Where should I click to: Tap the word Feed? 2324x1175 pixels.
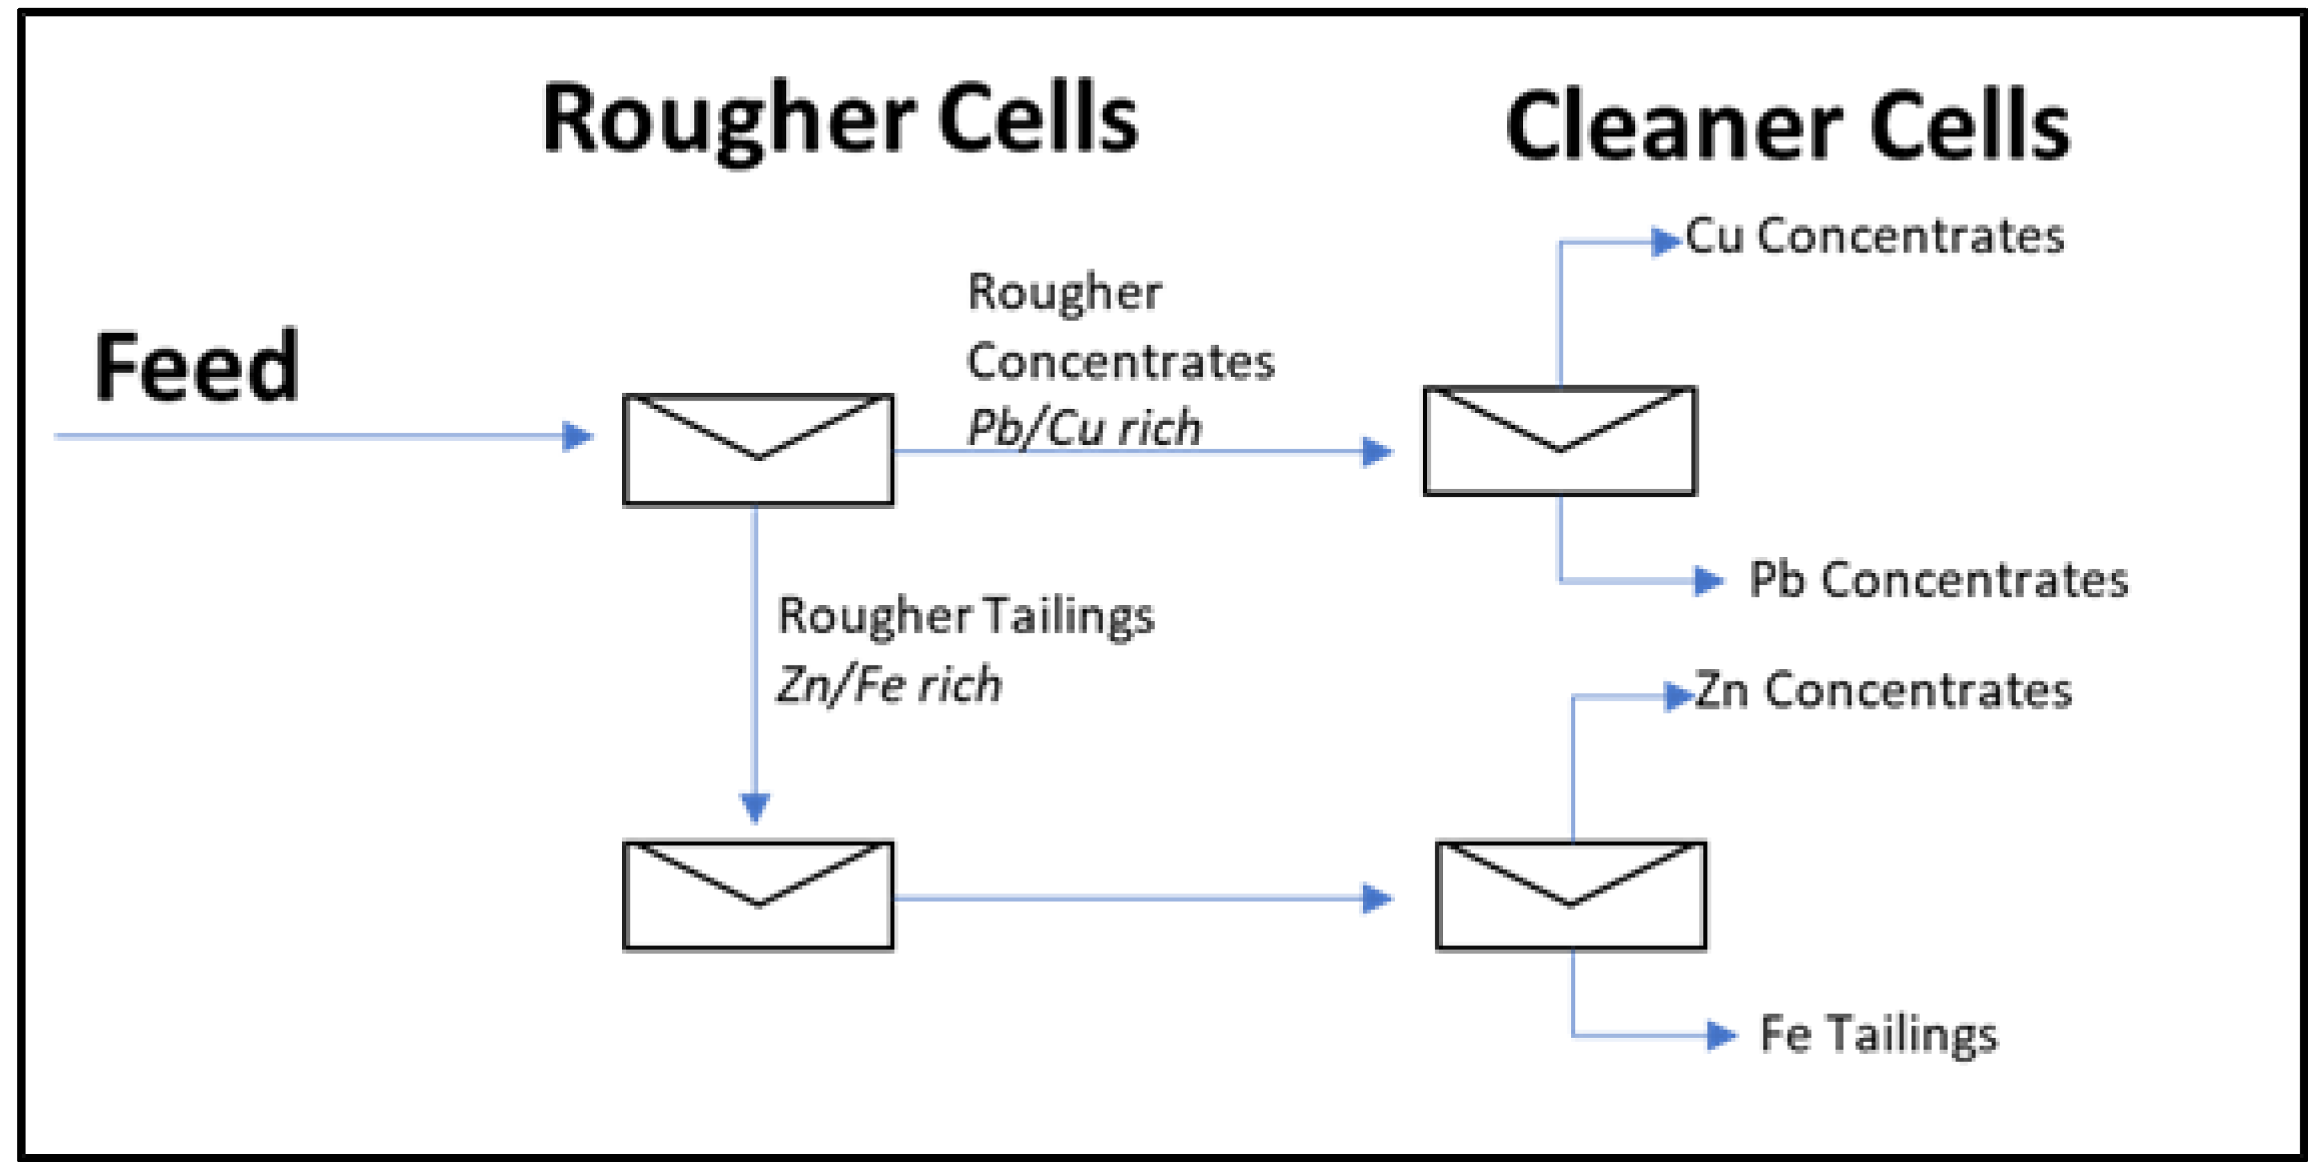[196, 367]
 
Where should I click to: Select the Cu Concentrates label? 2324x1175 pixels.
[1874, 237]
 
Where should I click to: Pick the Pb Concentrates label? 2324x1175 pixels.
[1938, 580]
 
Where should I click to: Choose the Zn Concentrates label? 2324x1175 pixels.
[1882, 691]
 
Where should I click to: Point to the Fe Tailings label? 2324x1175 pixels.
[1878, 1034]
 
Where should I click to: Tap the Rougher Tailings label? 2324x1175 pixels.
[966, 617]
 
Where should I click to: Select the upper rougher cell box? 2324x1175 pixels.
[758, 449]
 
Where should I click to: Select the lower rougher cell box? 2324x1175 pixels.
[758, 896]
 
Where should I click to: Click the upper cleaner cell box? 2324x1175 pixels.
[1560, 441]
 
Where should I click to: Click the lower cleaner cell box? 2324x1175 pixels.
[1570, 896]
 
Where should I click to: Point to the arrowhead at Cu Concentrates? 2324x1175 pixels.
[1665, 241]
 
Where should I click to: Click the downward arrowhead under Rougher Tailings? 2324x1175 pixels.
[755, 806]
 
